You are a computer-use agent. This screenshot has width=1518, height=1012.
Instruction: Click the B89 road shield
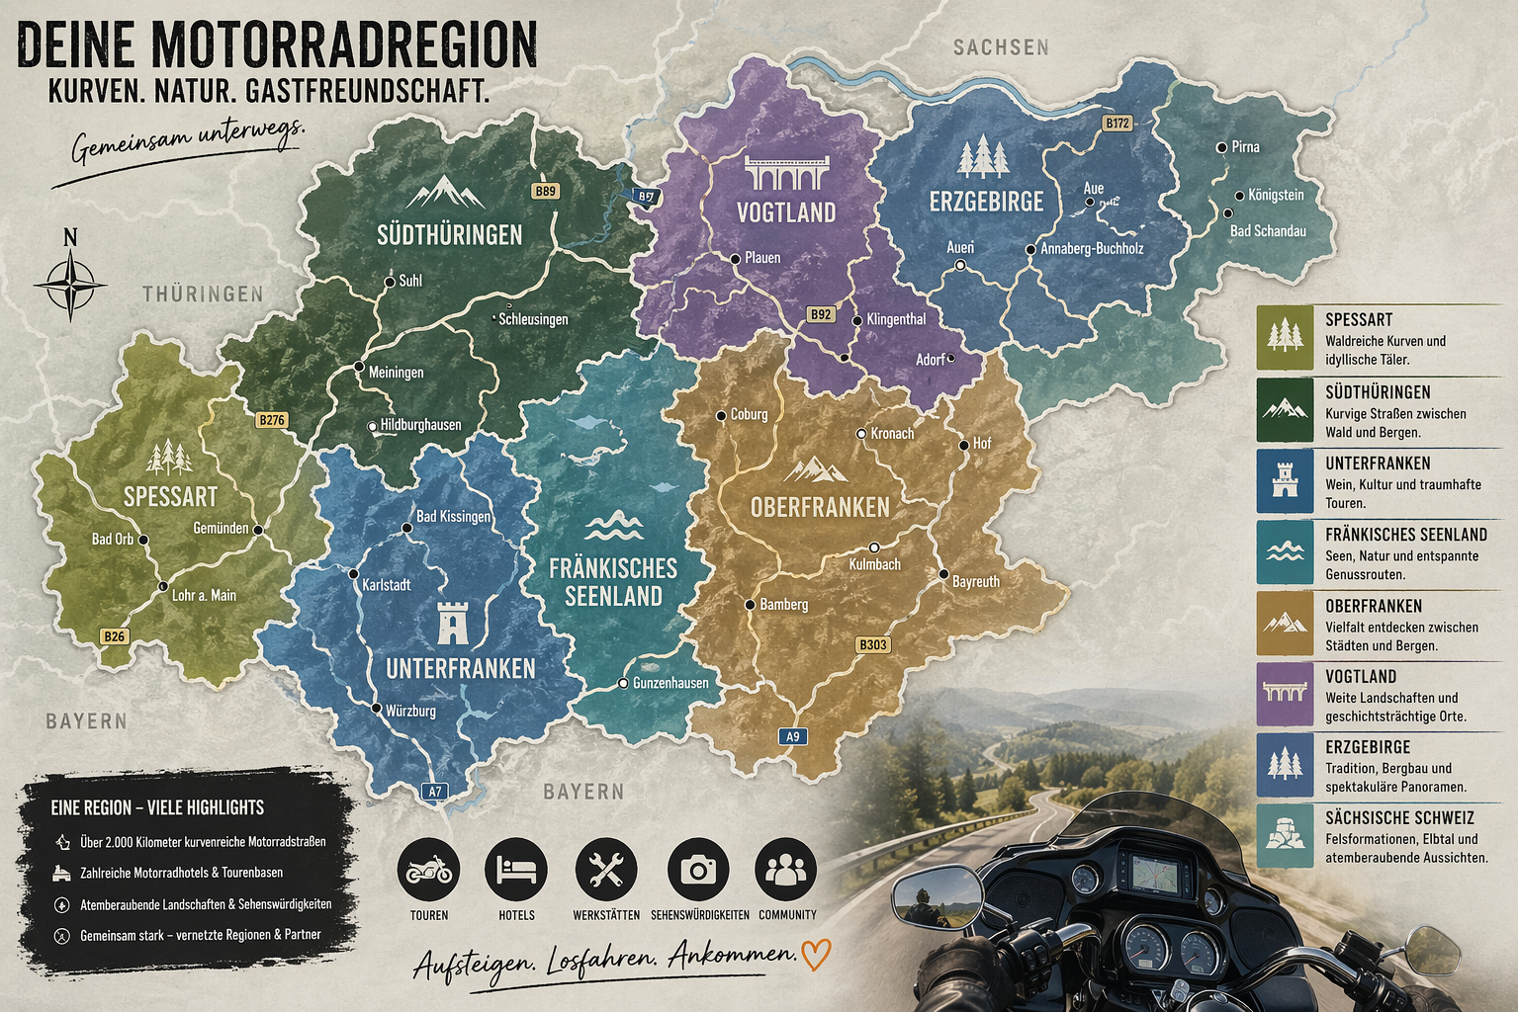click(x=545, y=192)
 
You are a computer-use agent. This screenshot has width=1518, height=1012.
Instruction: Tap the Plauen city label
click(x=762, y=258)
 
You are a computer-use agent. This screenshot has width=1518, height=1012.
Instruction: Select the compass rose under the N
click(x=70, y=285)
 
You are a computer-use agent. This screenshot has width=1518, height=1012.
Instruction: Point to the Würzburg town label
click(x=410, y=711)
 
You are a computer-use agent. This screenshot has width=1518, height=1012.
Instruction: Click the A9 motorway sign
click(x=792, y=736)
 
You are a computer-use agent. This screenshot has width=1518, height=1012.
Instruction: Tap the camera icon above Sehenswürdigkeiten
click(x=698, y=870)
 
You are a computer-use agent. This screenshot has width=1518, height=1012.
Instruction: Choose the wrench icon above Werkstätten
click(x=605, y=870)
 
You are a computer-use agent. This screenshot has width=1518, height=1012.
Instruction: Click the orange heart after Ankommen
click(x=816, y=954)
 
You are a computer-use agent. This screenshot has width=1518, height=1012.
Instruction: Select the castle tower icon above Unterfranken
click(x=454, y=622)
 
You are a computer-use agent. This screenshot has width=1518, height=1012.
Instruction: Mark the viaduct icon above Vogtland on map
click(x=785, y=173)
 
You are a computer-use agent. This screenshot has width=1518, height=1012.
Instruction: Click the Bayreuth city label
click(x=975, y=582)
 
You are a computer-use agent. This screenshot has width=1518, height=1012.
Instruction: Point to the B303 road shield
click(x=872, y=644)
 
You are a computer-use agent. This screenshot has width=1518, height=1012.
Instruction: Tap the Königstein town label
click(x=1276, y=195)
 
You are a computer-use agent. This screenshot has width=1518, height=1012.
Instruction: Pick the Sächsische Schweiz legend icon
click(x=1285, y=836)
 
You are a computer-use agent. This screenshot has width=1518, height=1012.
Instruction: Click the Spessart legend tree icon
click(x=1285, y=337)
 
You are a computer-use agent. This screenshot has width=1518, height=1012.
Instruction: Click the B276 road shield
click(x=271, y=420)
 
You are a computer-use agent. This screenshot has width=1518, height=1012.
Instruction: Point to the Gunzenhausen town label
click(x=670, y=683)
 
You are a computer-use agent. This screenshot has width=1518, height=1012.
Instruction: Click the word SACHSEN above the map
click(x=1001, y=47)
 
